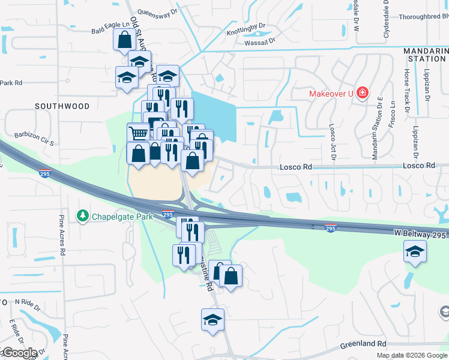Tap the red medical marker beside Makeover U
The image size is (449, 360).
[362, 93]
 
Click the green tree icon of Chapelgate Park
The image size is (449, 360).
[82, 215]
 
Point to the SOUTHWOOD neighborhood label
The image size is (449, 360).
[62, 106]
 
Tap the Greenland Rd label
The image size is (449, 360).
[363, 344]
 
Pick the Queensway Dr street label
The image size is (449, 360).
[158, 11]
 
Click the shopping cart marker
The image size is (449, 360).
[139, 133]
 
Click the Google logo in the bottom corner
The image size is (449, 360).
[19, 353]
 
